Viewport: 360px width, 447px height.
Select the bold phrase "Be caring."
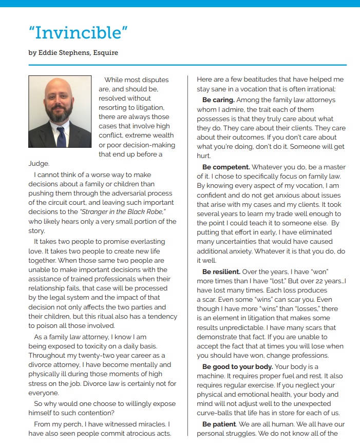(218, 100)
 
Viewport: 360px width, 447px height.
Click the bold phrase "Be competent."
(226, 167)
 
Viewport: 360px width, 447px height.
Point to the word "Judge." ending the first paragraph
(39, 164)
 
